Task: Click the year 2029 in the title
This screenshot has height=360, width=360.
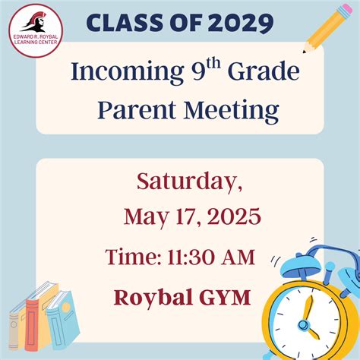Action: pos(241,23)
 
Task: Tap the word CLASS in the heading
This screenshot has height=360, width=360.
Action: pos(124,23)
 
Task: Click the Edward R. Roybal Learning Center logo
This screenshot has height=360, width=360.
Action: pos(36,30)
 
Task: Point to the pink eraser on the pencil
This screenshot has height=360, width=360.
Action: pos(346,9)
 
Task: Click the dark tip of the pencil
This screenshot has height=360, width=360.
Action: pos(304,52)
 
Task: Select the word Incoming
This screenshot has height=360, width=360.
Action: pos(128,72)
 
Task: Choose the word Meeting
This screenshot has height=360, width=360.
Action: pos(232,111)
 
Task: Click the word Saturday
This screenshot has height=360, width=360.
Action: pos(189,182)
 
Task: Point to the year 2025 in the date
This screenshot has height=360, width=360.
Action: pos(234,216)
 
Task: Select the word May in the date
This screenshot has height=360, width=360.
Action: pos(146,218)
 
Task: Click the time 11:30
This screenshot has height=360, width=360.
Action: pos(191,257)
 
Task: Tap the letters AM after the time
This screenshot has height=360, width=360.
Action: pos(238,257)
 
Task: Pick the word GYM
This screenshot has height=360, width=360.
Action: pos(225,297)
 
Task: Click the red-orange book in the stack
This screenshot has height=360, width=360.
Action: pos(34,325)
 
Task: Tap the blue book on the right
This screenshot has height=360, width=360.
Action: pos(63,321)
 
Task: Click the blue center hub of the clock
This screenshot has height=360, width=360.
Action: pos(303,324)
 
